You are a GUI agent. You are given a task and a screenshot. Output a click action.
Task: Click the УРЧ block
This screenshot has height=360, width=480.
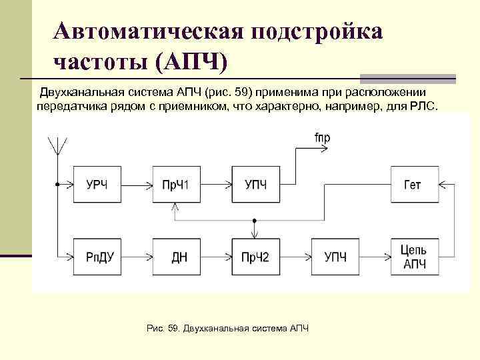coord(97,185)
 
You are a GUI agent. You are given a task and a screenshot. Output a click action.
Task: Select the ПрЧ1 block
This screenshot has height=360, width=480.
coord(177,185)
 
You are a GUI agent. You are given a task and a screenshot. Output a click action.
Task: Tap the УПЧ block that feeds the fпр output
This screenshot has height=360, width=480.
coord(256,185)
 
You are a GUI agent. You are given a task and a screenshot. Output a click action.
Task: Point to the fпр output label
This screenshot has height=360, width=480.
coord(322,138)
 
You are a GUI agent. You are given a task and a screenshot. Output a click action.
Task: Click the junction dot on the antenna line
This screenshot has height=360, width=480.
coord(58,185)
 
